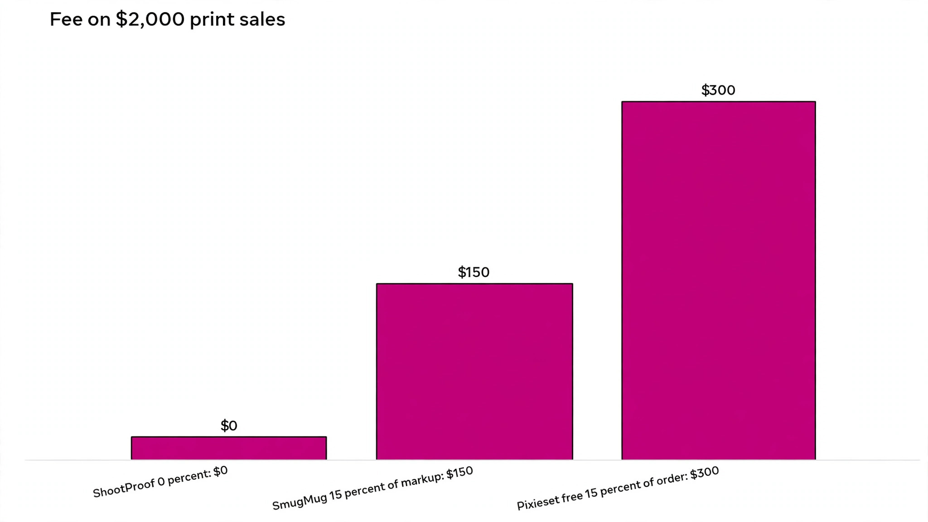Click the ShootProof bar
[229, 448]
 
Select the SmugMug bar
[474, 372]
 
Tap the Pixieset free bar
[719, 280]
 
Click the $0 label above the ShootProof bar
[229, 425]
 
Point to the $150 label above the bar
[474, 272]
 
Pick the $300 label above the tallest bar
[718, 90]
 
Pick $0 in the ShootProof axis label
[220, 472]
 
